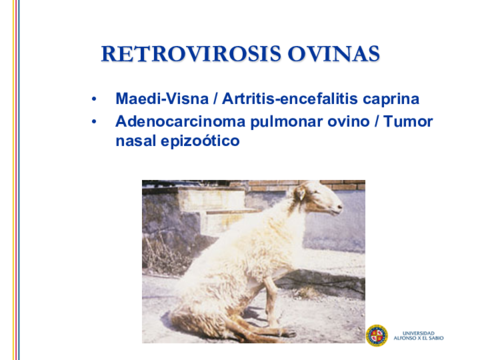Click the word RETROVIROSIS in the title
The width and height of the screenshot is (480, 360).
(191, 54)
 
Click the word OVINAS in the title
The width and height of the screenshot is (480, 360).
(334, 54)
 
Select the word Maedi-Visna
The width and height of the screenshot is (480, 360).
(162, 99)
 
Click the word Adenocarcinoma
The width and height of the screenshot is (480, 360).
(180, 121)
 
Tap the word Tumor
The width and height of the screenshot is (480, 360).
(408, 121)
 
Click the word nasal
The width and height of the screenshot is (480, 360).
(135, 141)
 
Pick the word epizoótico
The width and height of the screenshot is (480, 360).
(200, 141)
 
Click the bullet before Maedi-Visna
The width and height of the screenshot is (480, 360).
(94, 99)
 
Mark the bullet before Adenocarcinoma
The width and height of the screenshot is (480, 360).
(94, 122)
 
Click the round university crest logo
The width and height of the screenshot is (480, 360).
(377, 335)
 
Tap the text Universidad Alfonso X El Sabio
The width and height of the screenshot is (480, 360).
(419, 336)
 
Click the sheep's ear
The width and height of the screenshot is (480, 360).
(301, 193)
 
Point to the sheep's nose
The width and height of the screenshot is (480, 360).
(339, 207)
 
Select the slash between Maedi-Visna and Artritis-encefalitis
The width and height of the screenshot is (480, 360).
(216, 99)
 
